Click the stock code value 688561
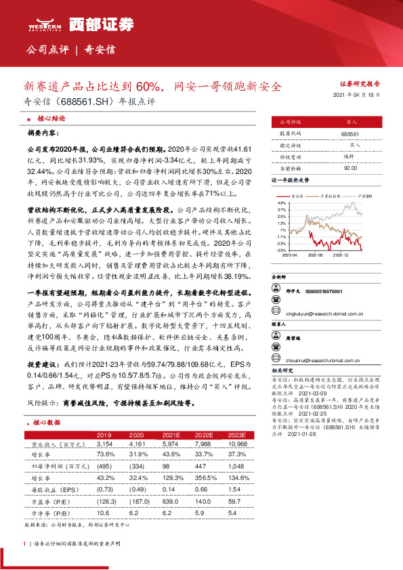tap(351, 134)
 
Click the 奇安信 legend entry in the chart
tap(296, 195)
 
